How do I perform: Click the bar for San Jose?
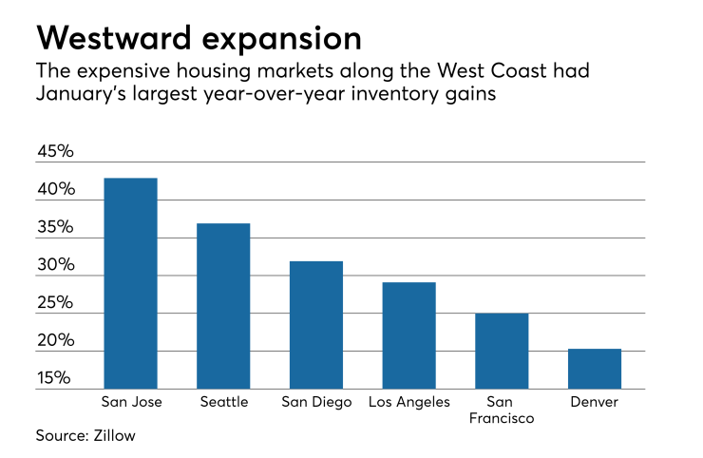pos(131,283)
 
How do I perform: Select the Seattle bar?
pos(223,306)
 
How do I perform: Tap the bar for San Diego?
pos(316,325)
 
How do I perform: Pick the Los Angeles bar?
pos(409,335)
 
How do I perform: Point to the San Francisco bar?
pos(502,351)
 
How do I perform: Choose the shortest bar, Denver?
pos(595,369)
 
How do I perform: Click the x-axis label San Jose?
pos(131,402)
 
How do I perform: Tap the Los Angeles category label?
pos(409,403)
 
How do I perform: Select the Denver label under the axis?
pos(595,402)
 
